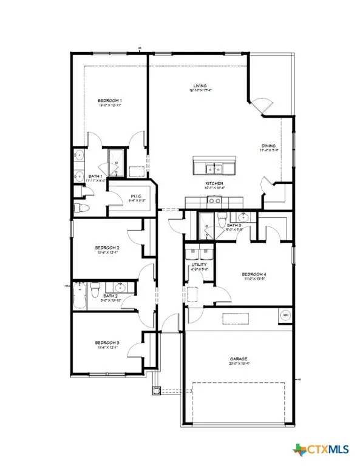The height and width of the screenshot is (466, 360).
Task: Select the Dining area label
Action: point(268,146)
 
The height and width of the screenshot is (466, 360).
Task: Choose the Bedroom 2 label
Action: point(106,248)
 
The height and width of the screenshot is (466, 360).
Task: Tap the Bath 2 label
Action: point(109,295)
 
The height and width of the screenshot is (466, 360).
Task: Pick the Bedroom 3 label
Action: point(106,343)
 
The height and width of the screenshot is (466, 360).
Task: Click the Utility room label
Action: point(199,265)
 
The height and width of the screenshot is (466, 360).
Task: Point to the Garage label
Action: point(241,359)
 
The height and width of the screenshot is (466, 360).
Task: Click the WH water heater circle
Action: point(285,315)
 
